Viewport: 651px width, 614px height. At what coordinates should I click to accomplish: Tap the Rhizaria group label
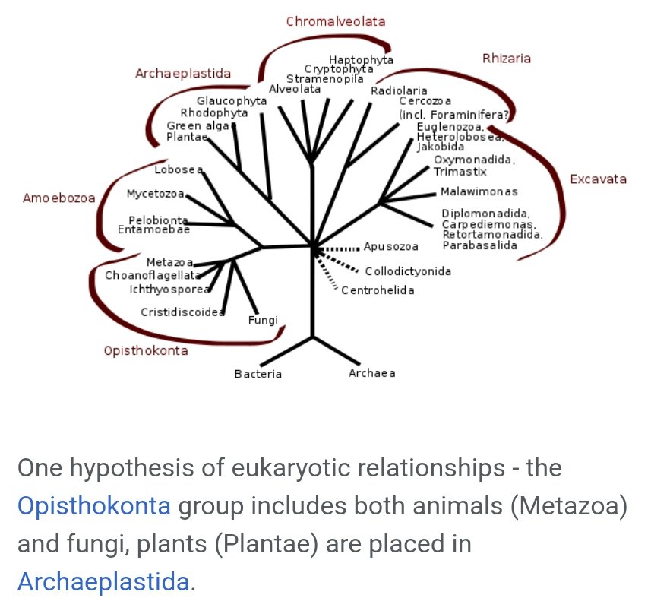(x=507, y=59)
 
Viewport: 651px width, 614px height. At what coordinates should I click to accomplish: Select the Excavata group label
(x=599, y=179)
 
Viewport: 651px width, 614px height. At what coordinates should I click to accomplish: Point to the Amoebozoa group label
(x=59, y=198)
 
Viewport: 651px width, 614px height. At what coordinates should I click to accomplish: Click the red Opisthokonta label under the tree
(x=146, y=351)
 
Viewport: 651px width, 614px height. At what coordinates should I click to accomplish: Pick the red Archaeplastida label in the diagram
(x=183, y=74)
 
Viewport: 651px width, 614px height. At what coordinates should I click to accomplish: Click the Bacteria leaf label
(x=258, y=374)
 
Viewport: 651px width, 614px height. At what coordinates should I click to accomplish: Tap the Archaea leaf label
(x=372, y=373)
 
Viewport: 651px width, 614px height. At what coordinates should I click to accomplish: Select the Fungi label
(x=264, y=320)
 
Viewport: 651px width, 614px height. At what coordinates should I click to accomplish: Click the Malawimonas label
(x=479, y=191)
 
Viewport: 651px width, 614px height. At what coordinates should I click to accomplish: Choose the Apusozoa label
(x=391, y=247)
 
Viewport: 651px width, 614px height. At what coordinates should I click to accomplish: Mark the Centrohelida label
(x=378, y=290)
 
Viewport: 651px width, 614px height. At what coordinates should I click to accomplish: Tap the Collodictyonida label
(x=408, y=271)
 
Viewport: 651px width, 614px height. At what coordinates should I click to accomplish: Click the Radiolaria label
(x=399, y=91)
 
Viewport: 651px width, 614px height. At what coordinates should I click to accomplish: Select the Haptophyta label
(x=361, y=59)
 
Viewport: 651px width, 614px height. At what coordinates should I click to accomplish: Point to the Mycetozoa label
(x=156, y=194)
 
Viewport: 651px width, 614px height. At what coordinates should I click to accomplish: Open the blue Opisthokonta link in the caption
(x=93, y=506)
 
